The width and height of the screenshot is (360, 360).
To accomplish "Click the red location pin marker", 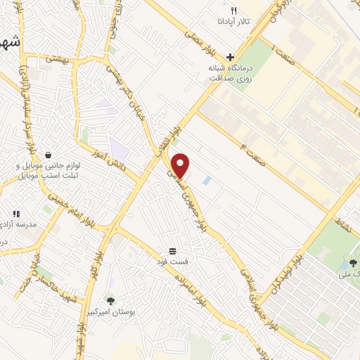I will (x=181, y=165).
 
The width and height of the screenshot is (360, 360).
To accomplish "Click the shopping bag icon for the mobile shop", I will (x=48, y=154).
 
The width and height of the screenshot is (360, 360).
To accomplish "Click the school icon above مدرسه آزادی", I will (x=16, y=213).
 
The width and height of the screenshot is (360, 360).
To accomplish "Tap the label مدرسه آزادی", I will (x=29, y=225).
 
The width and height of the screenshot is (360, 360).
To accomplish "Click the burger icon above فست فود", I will (x=173, y=251).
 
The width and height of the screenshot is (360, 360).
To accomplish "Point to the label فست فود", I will (x=173, y=262).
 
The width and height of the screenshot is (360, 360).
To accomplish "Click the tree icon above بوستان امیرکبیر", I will (x=109, y=300).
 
